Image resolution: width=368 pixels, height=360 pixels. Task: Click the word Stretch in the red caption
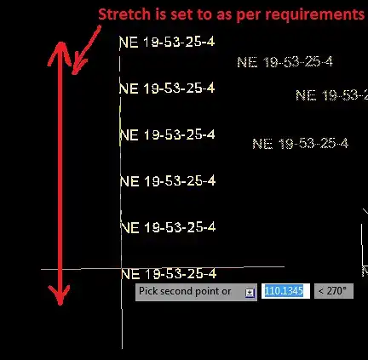click(x=124, y=14)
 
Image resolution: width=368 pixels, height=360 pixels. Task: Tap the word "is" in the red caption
click(x=160, y=14)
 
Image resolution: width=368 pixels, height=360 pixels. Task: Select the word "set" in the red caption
click(x=181, y=14)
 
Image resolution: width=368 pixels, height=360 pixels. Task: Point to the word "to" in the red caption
click(x=204, y=14)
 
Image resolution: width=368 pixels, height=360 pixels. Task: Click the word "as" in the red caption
click(x=224, y=15)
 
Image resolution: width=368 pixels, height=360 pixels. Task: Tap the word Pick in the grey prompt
click(x=147, y=291)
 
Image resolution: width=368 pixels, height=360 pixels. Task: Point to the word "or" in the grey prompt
click(x=227, y=292)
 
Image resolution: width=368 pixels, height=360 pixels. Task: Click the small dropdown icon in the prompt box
click(x=250, y=293)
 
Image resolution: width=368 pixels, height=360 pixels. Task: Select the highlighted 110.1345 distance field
click(x=285, y=291)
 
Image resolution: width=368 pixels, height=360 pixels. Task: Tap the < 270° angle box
click(x=334, y=291)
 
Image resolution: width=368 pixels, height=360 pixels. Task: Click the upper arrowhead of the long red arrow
click(x=60, y=54)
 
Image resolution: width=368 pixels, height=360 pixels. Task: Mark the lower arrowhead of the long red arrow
click(x=60, y=295)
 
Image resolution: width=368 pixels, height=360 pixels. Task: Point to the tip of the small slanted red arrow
click(x=73, y=74)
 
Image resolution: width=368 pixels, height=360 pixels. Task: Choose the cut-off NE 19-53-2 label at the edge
click(x=331, y=95)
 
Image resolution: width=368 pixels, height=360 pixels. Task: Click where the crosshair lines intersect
click(x=122, y=268)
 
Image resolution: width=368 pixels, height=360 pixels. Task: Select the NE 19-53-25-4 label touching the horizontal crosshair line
click(x=169, y=274)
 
